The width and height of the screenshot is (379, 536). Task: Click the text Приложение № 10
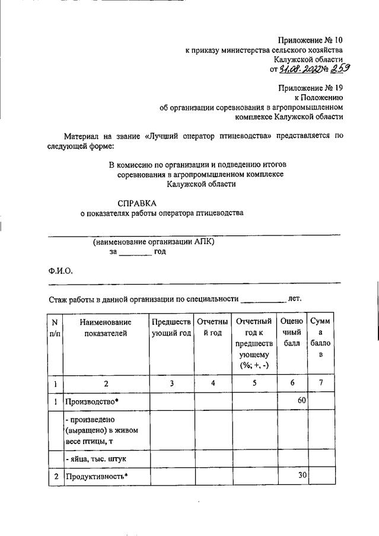click(310, 40)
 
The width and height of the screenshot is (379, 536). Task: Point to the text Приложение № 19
click(310, 88)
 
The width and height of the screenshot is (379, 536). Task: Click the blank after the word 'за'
click(135, 252)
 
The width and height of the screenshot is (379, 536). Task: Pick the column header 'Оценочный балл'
click(292, 333)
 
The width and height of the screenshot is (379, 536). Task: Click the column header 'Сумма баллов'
click(320, 339)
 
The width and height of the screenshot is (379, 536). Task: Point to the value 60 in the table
click(301, 401)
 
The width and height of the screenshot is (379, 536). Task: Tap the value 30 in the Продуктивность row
click(301, 476)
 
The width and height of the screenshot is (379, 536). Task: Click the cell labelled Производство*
click(93, 401)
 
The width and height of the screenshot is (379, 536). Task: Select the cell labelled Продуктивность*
click(97, 476)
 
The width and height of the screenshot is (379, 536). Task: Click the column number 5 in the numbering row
click(253, 383)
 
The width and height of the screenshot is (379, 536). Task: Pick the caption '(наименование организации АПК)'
click(154, 242)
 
